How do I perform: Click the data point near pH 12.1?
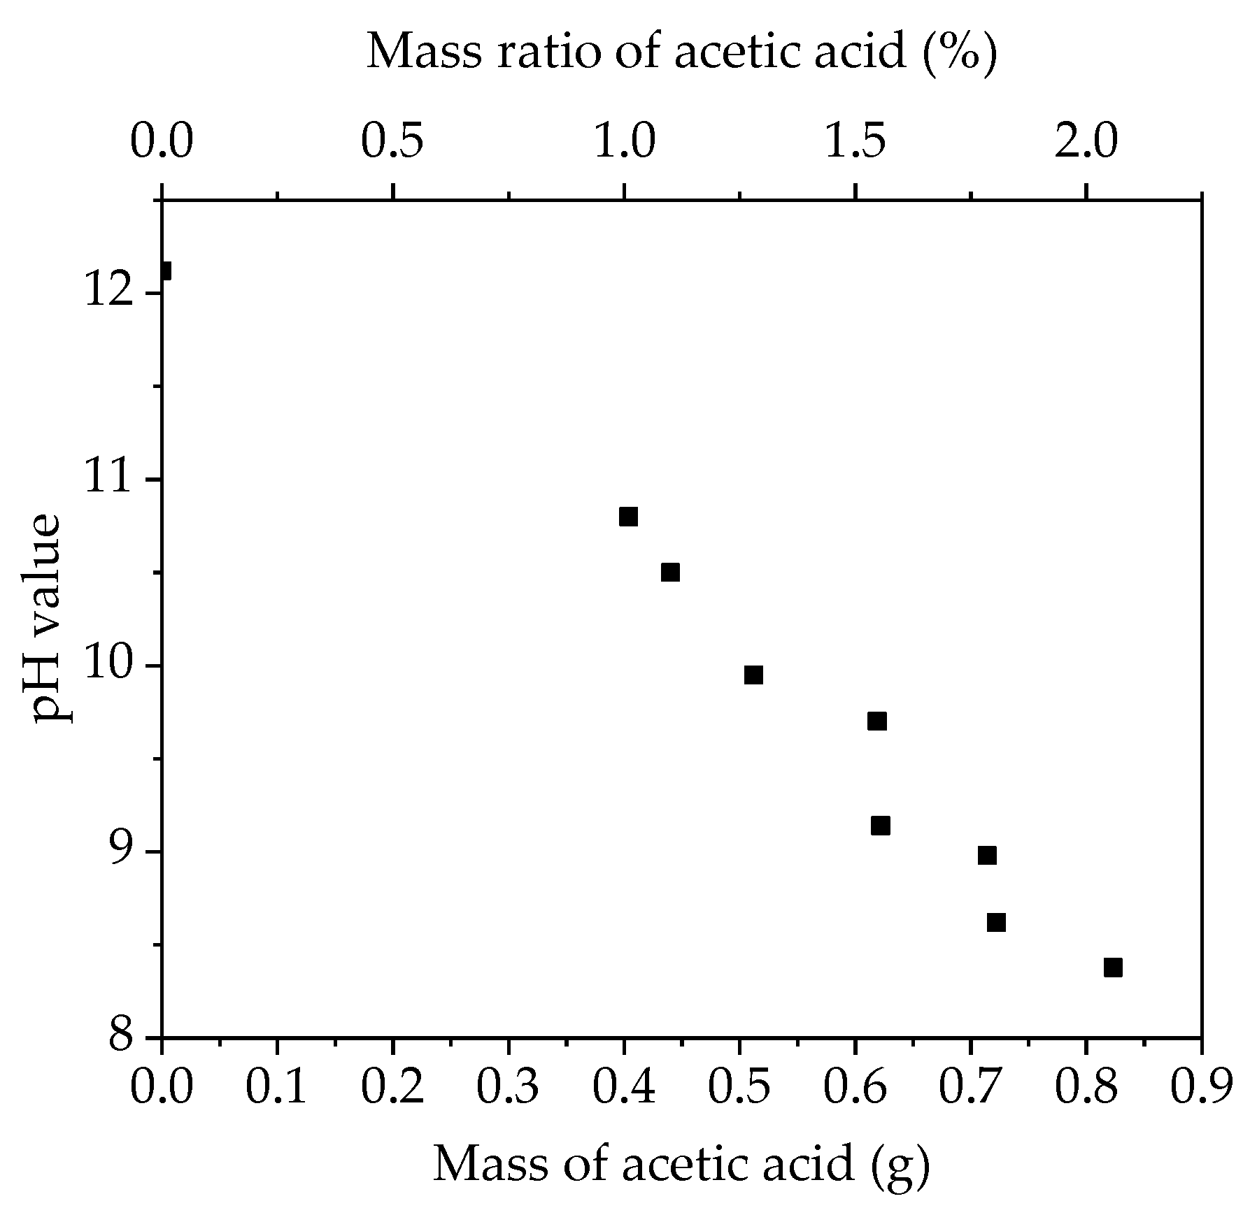click(164, 271)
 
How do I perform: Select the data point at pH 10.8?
click(628, 517)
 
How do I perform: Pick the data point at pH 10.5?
click(670, 572)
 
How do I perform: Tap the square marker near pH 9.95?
click(753, 675)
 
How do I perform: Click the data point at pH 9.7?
click(877, 721)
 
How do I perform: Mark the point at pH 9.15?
click(881, 826)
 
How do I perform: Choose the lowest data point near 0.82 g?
click(1113, 968)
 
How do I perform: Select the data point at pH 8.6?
click(996, 923)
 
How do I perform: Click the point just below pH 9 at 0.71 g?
click(987, 855)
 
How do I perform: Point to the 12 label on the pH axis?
click(113, 294)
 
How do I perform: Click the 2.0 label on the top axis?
click(1086, 142)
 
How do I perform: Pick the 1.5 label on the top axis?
click(855, 142)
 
